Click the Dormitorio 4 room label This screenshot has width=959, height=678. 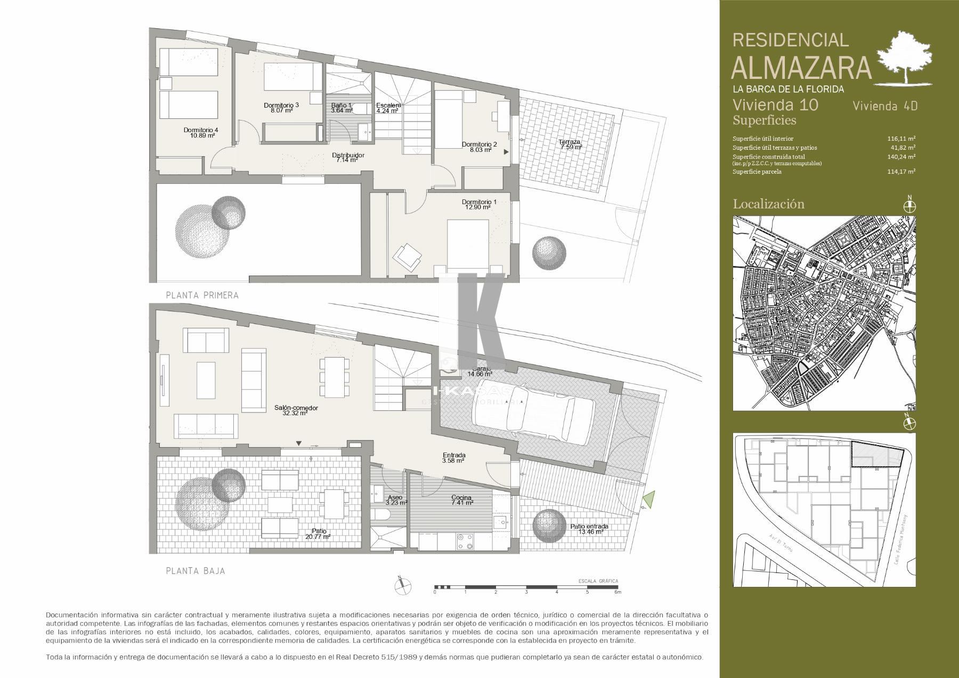click(x=200, y=133)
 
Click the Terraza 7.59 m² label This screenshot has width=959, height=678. click(x=570, y=144)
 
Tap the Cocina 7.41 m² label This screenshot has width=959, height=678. click(x=462, y=500)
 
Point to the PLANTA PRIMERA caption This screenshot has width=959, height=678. click(x=202, y=295)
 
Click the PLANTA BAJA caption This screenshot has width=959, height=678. click(x=196, y=571)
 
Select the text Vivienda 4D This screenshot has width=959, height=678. click(x=885, y=106)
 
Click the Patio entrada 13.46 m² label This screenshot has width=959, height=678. click(x=589, y=529)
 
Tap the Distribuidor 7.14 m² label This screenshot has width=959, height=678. click(x=348, y=158)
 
